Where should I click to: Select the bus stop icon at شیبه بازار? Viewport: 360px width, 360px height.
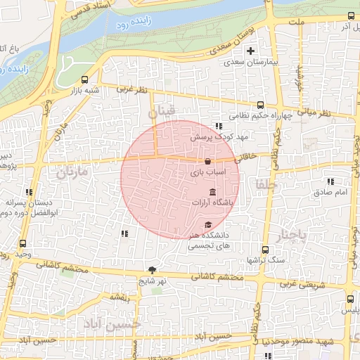tap(85, 79)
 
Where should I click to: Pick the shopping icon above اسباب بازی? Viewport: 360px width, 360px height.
tap(207, 161)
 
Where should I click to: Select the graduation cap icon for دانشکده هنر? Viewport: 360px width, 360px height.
tap(207, 224)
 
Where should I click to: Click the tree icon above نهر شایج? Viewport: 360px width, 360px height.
tap(152, 270)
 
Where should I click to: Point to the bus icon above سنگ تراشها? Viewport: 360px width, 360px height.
tap(264, 250)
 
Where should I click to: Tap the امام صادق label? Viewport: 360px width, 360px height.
tap(326, 192)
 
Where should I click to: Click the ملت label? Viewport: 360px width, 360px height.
tap(297, 23)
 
